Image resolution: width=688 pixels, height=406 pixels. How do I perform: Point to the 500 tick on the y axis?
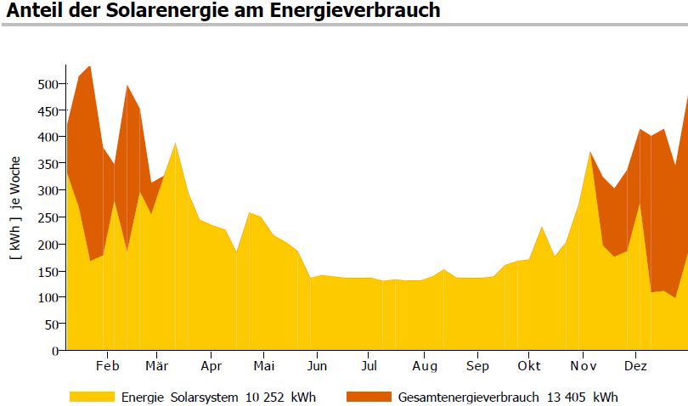(48, 84)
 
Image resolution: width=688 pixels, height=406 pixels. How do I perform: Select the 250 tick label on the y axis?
(48, 217)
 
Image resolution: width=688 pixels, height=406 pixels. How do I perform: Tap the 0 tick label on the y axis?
(56, 351)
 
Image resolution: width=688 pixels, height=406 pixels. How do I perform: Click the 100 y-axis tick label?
(48, 297)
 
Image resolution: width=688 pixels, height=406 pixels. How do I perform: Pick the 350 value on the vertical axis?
(48, 164)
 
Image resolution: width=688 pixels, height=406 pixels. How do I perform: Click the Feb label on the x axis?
(107, 366)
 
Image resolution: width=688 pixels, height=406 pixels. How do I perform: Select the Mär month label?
(157, 366)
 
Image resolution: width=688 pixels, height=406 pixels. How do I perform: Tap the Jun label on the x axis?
(316, 366)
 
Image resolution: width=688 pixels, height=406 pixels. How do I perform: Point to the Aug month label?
(425, 366)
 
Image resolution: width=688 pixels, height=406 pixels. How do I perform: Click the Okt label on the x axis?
(529, 366)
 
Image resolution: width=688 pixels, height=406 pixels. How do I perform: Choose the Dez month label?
(635, 366)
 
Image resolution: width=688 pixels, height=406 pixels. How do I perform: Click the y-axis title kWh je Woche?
(14, 207)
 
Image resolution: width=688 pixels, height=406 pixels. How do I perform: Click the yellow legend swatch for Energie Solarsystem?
(92, 397)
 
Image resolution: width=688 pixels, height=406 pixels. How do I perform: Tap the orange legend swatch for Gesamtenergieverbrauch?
(369, 397)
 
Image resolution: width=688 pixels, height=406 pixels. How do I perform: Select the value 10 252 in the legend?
(270, 397)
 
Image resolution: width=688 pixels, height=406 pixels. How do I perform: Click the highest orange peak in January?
(90, 67)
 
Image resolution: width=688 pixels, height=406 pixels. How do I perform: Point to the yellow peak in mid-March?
(175, 144)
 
